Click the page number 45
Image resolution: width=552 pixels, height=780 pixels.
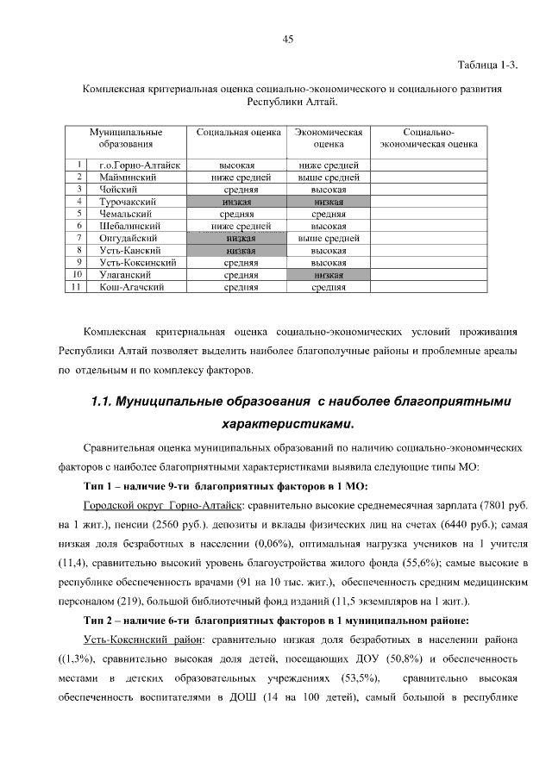pyautogui.click(x=287, y=39)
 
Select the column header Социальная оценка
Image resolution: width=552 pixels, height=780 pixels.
pyautogui.click(x=239, y=134)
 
